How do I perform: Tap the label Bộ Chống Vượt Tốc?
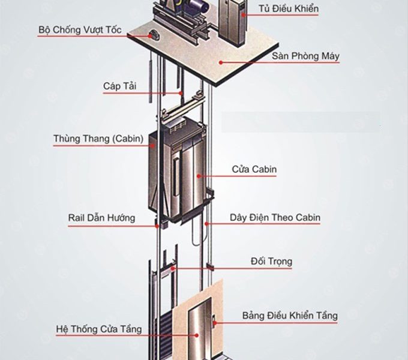click(80, 29)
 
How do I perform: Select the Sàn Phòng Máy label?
click(305, 56)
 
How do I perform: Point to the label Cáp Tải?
click(119, 86)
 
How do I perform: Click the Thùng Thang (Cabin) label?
click(98, 139)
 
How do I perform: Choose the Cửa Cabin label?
click(254, 169)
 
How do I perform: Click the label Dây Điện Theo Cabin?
click(275, 218)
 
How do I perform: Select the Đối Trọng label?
click(271, 262)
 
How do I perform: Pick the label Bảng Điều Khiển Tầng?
click(290, 316)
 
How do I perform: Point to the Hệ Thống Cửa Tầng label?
click(99, 329)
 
